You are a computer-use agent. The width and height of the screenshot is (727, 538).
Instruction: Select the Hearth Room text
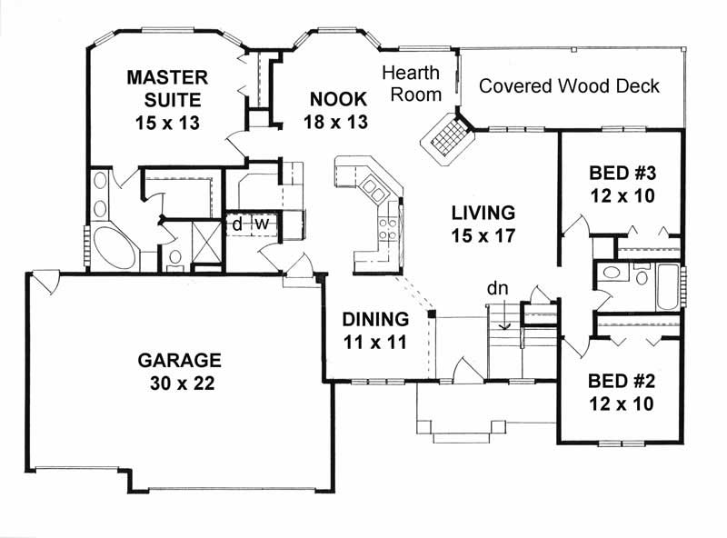[411, 83]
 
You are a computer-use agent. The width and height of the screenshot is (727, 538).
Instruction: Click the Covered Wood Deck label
[569, 86]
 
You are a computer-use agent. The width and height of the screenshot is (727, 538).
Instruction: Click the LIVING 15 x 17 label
[483, 224]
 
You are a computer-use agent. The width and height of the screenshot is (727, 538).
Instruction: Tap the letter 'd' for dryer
[236, 224]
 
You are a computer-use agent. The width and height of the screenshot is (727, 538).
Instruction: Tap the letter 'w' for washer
[259, 224]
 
